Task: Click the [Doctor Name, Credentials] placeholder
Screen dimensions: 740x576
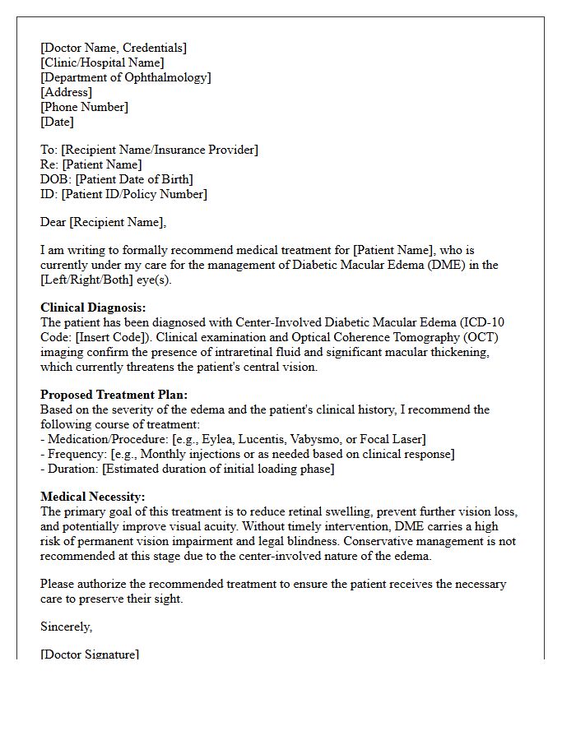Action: [x=114, y=48]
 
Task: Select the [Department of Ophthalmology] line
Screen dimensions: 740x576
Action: [x=125, y=77]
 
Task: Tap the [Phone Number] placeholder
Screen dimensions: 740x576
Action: [x=84, y=107]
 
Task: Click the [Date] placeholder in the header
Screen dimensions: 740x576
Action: [x=57, y=122]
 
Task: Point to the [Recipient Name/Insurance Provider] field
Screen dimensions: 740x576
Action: [x=160, y=150]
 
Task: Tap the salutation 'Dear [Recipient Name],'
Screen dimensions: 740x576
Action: [x=103, y=222]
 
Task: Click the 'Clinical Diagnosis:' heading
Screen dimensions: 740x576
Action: [x=93, y=308]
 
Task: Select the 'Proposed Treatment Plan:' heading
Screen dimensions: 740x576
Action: [x=114, y=395]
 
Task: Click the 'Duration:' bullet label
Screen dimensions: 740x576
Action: [x=73, y=469]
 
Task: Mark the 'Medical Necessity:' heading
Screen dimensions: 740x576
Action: [x=92, y=497]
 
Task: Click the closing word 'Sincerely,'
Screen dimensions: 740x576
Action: [x=66, y=627]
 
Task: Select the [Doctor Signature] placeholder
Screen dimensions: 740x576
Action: [x=90, y=654]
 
